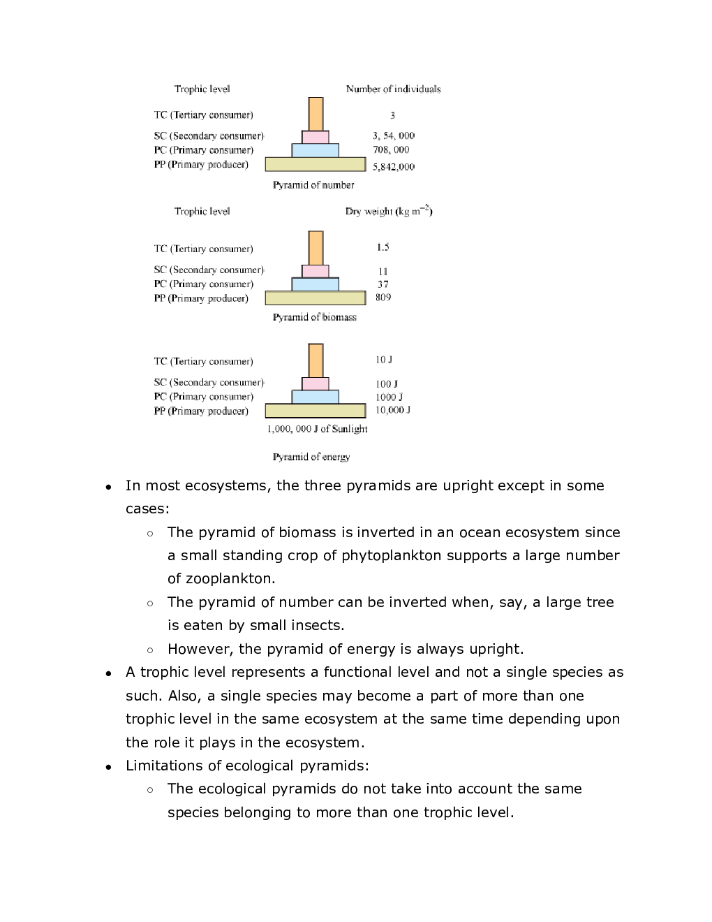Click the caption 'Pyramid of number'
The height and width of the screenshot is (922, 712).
click(313, 185)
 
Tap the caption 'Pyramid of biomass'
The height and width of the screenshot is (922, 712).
click(314, 317)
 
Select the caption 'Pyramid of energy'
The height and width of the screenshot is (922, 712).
click(311, 457)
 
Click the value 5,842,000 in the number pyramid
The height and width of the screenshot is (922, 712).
click(394, 167)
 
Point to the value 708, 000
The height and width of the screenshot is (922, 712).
click(391, 149)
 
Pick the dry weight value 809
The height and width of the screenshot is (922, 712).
click(383, 298)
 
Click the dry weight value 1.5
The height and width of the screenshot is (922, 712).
click(383, 247)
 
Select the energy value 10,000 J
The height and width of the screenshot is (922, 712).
click(393, 410)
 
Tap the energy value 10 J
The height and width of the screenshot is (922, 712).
click(384, 360)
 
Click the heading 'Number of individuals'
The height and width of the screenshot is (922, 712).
click(393, 89)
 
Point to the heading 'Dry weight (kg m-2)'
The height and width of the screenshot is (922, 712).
click(389, 211)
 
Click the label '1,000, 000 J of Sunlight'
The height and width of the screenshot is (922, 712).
click(317, 429)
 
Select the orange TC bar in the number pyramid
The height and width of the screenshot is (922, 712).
click(316, 114)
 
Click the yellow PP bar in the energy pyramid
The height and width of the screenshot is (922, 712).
click(316, 411)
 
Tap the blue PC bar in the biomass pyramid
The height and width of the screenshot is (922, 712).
click(316, 284)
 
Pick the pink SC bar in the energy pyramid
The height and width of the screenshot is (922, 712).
click(316, 383)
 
